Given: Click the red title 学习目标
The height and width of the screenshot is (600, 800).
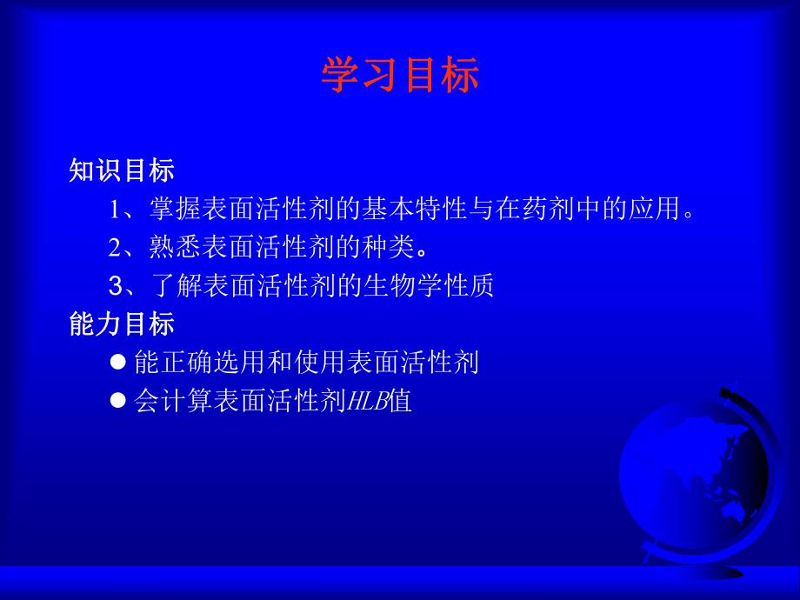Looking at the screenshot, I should tap(400, 76).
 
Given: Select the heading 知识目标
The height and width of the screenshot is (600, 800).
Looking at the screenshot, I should tap(122, 171).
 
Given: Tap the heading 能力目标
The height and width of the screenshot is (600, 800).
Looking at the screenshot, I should tap(122, 324).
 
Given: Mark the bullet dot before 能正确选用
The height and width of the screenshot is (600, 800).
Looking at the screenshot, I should tap(120, 362).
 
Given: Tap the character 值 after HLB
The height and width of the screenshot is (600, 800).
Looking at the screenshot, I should tap(400, 401).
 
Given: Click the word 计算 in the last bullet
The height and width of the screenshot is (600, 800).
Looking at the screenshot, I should tap(177, 401).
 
